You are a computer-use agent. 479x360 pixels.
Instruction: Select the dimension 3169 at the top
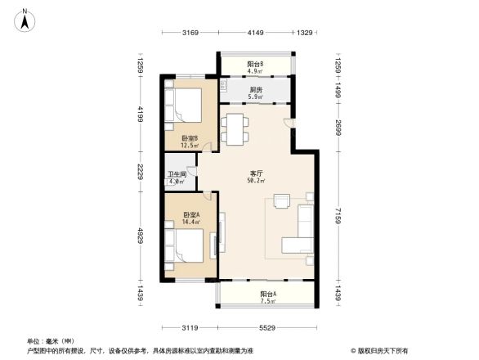(x=190, y=33)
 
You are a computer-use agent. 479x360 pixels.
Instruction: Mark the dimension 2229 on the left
(x=141, y=173)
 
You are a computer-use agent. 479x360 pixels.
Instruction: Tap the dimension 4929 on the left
(x=141, y=236)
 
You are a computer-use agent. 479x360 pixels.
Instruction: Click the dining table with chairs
(x=235, y=128)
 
